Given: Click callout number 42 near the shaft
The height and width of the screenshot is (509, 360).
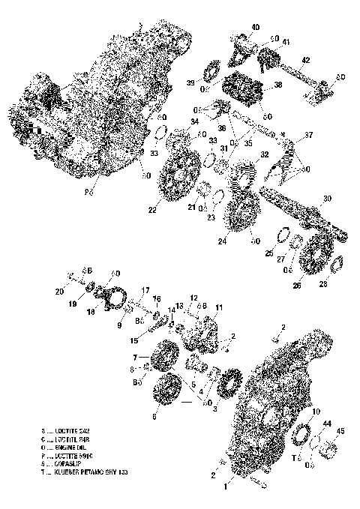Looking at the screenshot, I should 305,59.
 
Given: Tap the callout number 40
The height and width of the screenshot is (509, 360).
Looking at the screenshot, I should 255,27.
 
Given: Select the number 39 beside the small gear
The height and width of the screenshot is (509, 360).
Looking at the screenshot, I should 190,82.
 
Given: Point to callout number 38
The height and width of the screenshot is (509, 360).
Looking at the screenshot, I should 277,85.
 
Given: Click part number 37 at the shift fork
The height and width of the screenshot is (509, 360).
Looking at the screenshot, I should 307,136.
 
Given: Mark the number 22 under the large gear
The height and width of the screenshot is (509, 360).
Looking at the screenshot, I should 152,210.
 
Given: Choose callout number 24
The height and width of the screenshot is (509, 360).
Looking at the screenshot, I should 223,241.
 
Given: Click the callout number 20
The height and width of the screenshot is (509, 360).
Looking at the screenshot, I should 59,292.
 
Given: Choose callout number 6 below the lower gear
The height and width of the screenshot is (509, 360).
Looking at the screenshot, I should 155,415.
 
